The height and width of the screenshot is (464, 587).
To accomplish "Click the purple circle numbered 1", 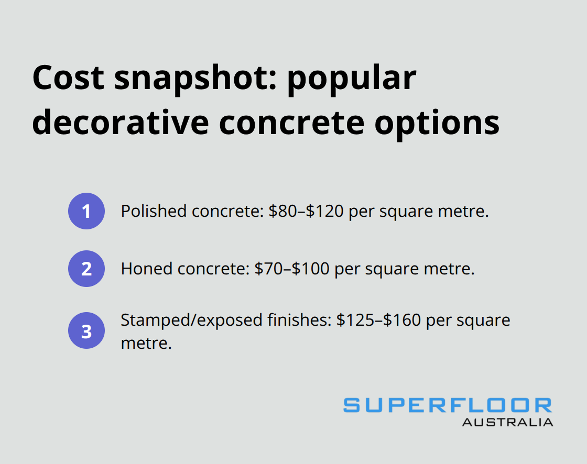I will point(86,211).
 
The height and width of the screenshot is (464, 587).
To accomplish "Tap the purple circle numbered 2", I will point(86,269).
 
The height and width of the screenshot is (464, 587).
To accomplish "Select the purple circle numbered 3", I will point(86,332).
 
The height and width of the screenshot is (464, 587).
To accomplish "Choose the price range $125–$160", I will point(378,319).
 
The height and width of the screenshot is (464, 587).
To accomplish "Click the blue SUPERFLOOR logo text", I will point(448,405).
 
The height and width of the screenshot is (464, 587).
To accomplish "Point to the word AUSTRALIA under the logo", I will point(507,422).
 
